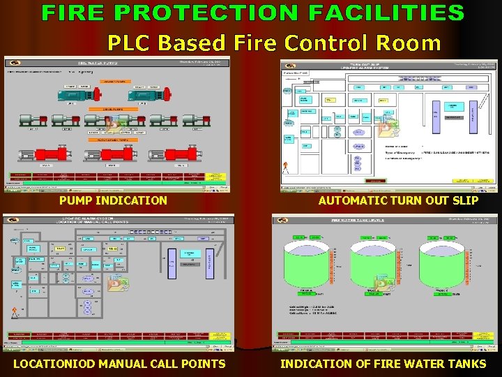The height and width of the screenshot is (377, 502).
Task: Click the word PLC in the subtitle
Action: pyautogui.click(x=130, y=43)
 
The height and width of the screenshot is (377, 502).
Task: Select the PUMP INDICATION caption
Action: pyautogui.click(x=113, y=200)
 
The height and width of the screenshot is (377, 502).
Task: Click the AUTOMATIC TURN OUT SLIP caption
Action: pyautogui.click(x=398, y=200)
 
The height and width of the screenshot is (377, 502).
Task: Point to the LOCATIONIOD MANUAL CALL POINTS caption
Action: pyautogui.click(x=119, y=363)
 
